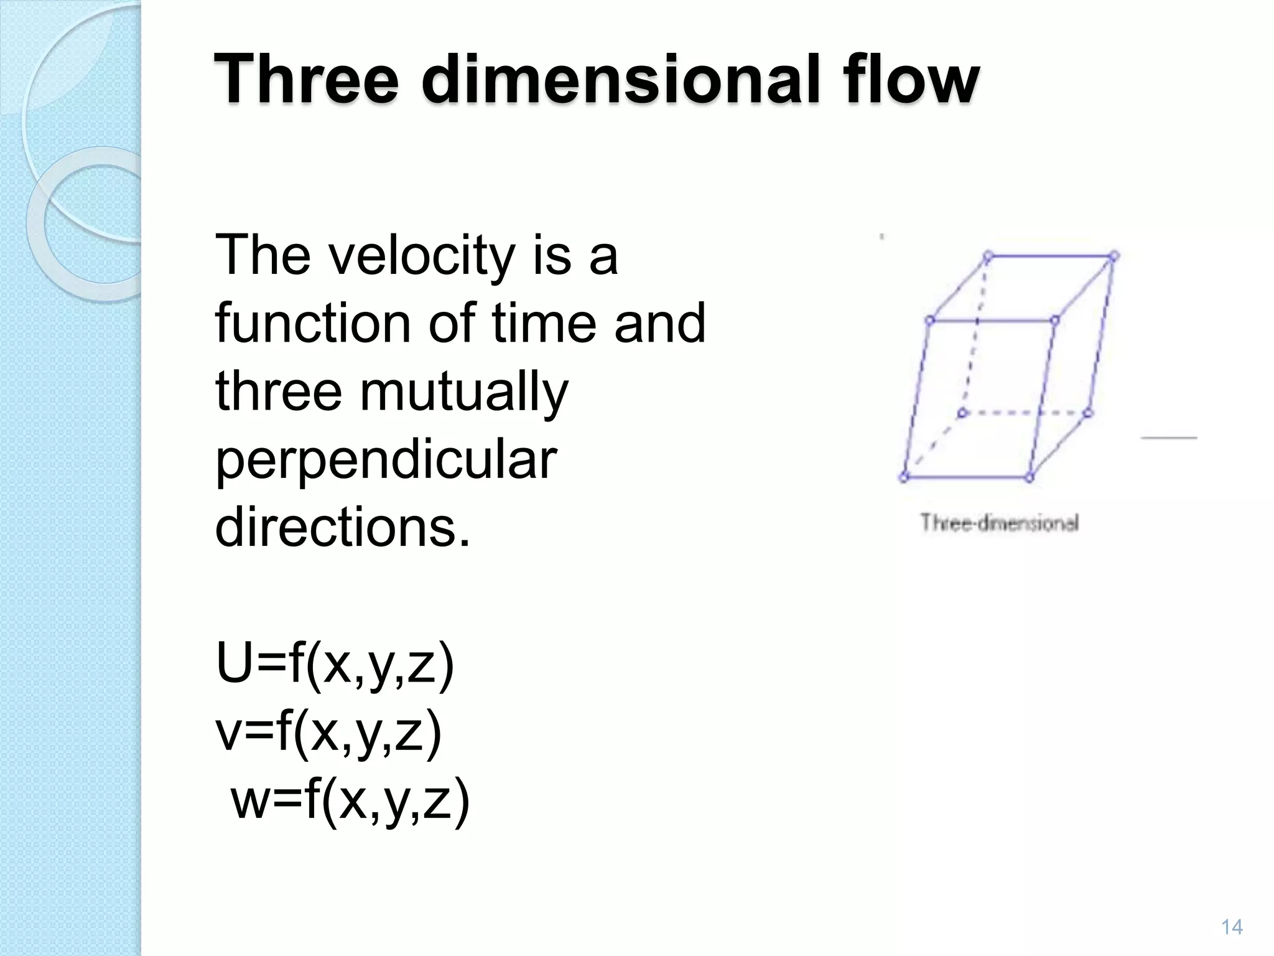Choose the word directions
(342, 528)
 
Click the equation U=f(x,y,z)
(335, 665)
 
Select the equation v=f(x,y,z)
(328, 733)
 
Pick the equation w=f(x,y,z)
(350, 801)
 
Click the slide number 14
(1232, 927)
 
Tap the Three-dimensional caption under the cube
(999, 523)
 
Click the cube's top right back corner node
(1114, 255)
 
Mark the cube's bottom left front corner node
(904, 477)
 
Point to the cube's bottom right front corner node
(1029, 477)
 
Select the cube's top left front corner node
(930, 321)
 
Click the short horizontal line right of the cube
(1169, 438)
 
